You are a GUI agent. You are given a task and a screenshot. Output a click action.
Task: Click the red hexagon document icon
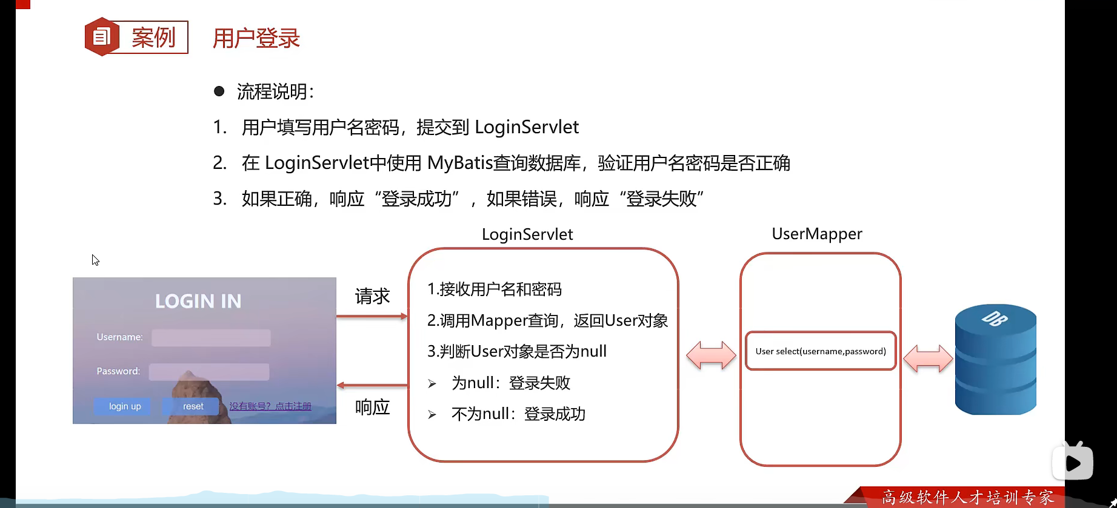pyautogui.click(x=101, y=37)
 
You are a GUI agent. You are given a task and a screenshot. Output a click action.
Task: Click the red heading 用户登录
pyautogui.click(x=256, y=38)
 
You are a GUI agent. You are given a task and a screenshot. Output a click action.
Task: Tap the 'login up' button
pyautogui.click(x=125, y=406)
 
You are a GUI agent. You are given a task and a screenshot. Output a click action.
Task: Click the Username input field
pyautogui.click(x=211, y=338)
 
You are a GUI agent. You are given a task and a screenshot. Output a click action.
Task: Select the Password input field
pyautogui.click(x=209, y=372)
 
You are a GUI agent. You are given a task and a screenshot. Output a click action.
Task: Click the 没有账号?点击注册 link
pyautogui.click(x=270, y=406)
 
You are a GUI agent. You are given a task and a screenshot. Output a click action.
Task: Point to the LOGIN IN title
pyautogui.click(x=198, y=301)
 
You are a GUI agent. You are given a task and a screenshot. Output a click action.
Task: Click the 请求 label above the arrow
pyautogui.click(x=372, y=296)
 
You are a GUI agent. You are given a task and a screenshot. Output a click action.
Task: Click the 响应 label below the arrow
pyautogui.click(x=372, y=407)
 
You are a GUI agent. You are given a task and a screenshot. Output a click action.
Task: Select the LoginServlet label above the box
pyautogui.click(x=527, y=234)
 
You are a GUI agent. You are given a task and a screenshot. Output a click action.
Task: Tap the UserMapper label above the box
pyautogui.click(x=816, y=234)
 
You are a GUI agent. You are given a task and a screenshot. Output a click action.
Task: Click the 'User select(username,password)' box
pyautogui.click(x=821, y=351)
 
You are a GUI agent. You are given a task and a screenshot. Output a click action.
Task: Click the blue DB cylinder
pyautogui.click(x=995, y=360)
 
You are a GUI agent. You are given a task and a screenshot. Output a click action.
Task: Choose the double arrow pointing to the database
pyautogui.click(x=928, y=358)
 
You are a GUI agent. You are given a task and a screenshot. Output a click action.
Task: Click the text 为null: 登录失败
pyautogui.click(x=510, y=383)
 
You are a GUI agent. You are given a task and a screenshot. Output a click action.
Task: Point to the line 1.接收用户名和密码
pyautogui.click(x=494, y=289)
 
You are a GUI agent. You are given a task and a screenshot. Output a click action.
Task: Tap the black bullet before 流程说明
pyautogui.click(x=219, y=91)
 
